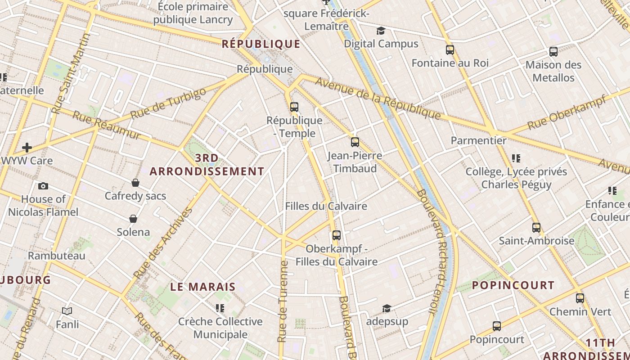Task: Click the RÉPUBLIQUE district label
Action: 261,44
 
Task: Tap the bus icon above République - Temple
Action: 294,107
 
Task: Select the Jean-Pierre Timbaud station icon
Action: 355,142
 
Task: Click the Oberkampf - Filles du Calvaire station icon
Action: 336,235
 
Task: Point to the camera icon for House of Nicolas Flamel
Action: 43,186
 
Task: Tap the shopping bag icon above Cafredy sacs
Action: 135,183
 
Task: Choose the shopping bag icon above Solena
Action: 133,219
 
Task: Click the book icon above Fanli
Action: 67,311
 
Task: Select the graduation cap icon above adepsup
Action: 387,308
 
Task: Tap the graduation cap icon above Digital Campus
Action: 381,31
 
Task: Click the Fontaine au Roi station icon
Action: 450,49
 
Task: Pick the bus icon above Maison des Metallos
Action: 553,51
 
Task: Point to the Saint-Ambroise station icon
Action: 536,227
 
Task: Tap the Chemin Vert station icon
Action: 580,298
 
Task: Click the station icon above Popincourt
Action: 497,326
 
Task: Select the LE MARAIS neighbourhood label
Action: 203,287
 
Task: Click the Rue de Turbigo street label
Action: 168,103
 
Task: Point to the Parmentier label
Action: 478,140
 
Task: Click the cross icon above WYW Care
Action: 27,147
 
